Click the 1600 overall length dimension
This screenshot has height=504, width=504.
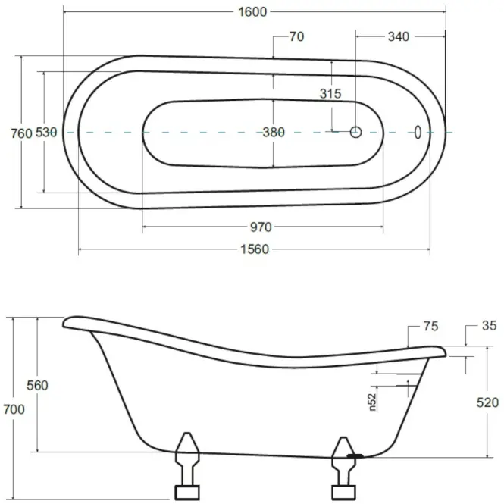pos(252,12)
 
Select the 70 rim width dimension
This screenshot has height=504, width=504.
pos(296,36)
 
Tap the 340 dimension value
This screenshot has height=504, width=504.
pos(398,36)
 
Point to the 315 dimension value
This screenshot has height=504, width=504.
pos(330,93)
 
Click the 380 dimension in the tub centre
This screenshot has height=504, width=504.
pos(274,132)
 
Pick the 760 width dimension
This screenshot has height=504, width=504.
pos(21,133)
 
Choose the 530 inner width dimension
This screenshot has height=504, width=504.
pos(46,132)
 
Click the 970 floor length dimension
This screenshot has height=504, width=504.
pos(261,227)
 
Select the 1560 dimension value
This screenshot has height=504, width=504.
pos(255,249)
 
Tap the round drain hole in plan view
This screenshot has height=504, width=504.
pos(355,132)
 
